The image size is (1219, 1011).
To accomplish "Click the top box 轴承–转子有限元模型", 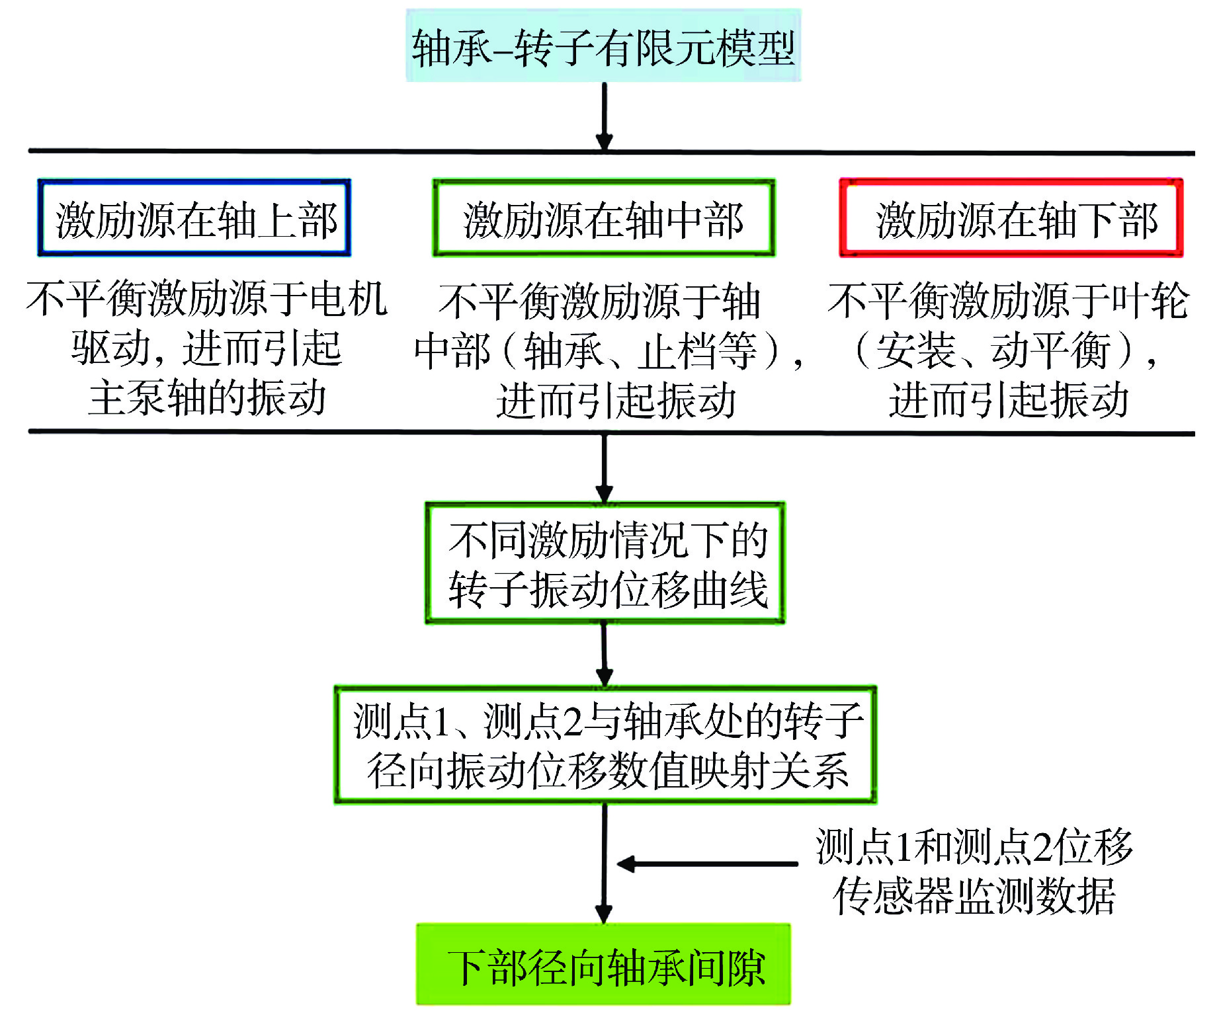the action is pyautogui.click(x=603, y=46).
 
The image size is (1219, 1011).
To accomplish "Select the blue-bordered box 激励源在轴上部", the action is pyautogui.click(x=194, y=218).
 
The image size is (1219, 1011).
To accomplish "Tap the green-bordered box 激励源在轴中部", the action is pyautogui.click(x=604, y=218).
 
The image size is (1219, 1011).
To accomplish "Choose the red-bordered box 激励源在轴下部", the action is pyautogui.click(x=1011, y=218).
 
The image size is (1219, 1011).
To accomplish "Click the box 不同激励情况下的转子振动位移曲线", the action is pyautogui.click(x=605, y=563).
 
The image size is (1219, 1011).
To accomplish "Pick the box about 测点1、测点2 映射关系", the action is pyautogui.click(x=605, y=745).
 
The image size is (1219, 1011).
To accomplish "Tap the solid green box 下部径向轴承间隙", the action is pyautogui.click(x=603, y=964).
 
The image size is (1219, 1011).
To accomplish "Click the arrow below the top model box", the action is pyautogui.click(x=604, y=116).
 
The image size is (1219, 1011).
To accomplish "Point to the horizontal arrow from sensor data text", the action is pyautogui.click(x=707, y=864).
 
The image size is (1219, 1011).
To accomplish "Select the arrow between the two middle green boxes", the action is pyautogui.click(x=604, y=655).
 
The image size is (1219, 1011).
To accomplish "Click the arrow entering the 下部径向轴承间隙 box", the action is pyautogui.click(x=604, y=864).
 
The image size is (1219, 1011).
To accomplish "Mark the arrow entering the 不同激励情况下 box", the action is pyautogui.click(x=604, y=468).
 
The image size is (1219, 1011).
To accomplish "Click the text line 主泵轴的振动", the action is pyautogui.click(x=207, y=397).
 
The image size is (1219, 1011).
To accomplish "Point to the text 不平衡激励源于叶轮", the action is pyautogui.click(x=1008, y=300).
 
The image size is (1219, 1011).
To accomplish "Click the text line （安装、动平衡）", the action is pyautogui.click(x=1005, y=350).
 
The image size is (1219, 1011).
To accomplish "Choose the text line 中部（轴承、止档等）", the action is pyautogui.click(x=609, y=350).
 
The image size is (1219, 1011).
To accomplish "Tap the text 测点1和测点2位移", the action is pyautogui.click(x=974, y=846).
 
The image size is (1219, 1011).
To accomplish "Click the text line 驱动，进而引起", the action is pyautogui.click(x=206, y=348).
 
